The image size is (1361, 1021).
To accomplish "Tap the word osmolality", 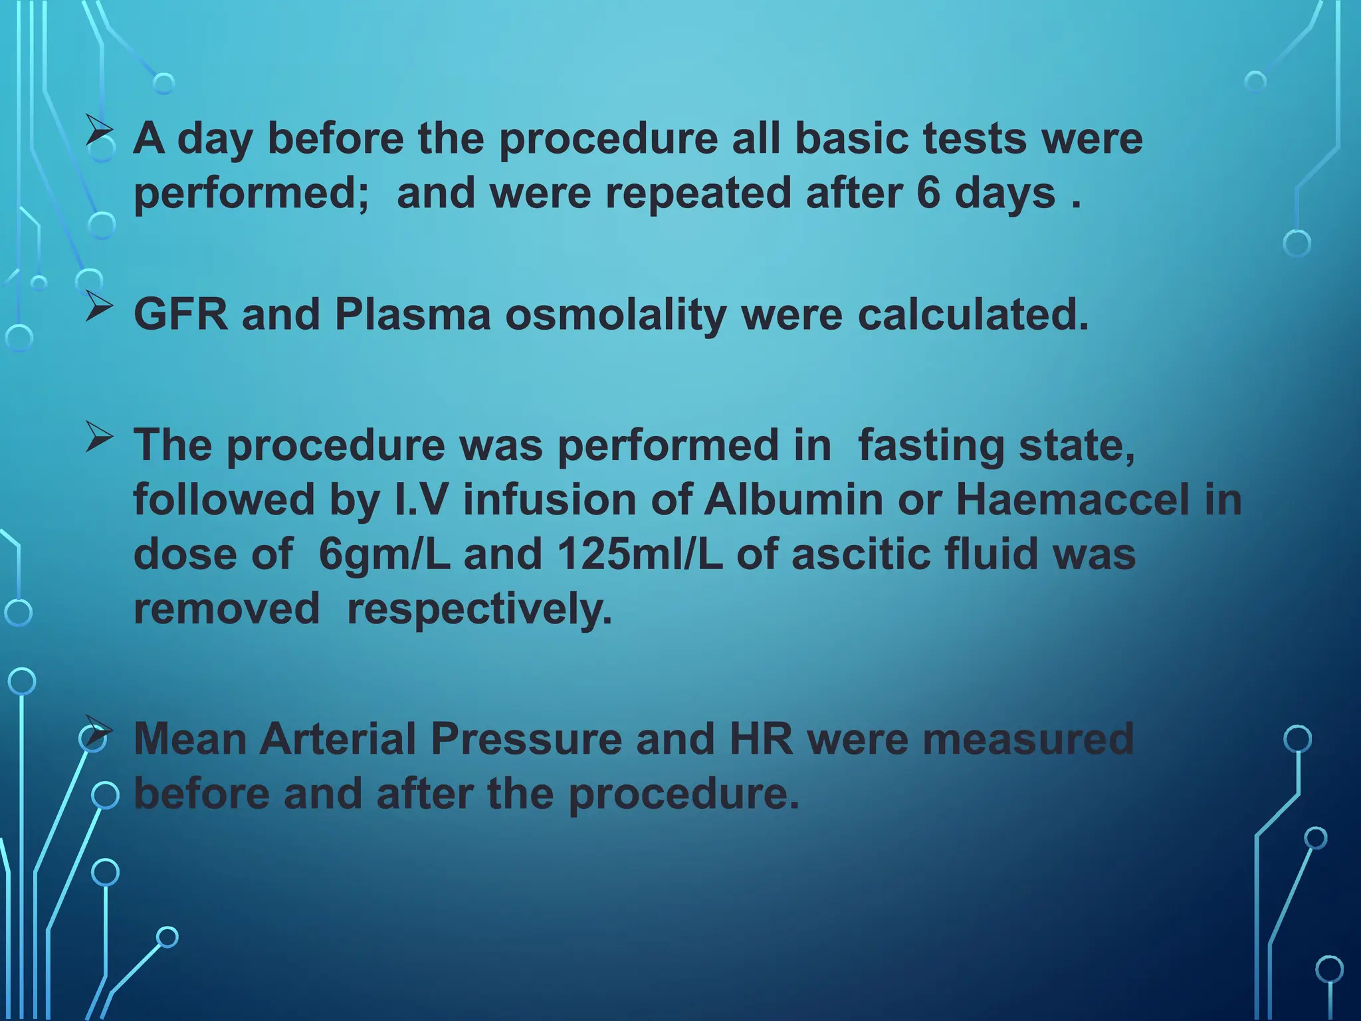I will (x=615, y=315).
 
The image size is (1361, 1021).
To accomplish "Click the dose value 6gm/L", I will (x=384, y=554).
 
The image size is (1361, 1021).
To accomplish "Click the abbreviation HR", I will (x=761, y=738).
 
